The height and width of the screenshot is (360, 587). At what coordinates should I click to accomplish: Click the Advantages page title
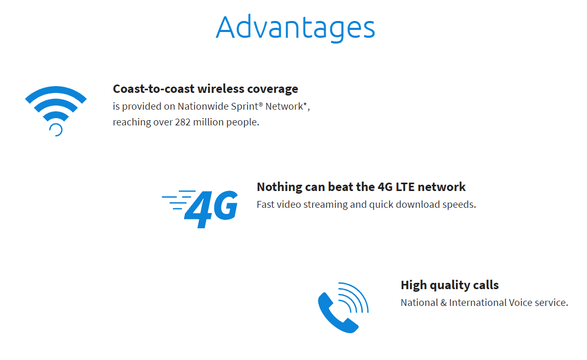click(295, 28)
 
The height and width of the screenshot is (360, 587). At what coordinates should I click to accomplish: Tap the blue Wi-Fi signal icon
click(56, 111)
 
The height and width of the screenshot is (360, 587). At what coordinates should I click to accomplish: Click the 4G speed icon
click(200, 209)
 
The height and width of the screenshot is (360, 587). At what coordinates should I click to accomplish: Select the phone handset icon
click(343, 308)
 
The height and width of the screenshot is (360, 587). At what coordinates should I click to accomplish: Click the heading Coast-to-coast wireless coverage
click(206, 89)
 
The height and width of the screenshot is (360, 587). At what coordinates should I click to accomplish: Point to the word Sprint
click(244, 107)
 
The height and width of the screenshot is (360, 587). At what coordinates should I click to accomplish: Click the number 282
click(183, 122)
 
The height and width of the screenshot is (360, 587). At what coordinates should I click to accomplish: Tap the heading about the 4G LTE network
click(361, 186)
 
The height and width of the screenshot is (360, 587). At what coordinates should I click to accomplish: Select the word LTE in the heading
click(405, 186)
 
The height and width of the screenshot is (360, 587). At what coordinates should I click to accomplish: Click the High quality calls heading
click(450, 285)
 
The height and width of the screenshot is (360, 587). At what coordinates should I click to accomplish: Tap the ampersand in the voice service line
click(444, 303)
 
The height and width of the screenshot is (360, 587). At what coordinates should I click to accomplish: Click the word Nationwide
click(202, 107)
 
